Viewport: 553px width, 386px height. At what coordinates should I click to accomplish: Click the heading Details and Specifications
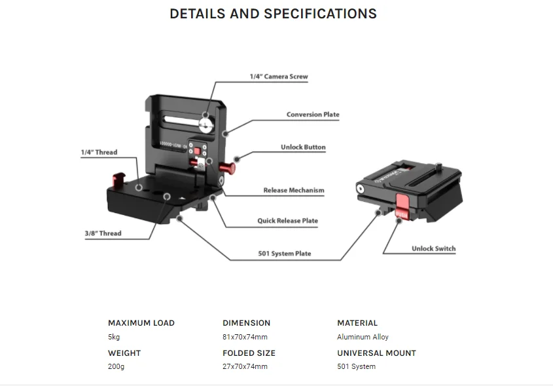coord(273,14)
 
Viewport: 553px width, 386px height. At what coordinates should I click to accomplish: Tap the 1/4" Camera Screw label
coord(278,77)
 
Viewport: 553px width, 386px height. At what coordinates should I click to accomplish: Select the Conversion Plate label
coord(313,115)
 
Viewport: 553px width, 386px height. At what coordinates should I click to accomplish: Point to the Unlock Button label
coord(303,147)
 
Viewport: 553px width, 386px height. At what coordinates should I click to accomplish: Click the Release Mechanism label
coord(294,191)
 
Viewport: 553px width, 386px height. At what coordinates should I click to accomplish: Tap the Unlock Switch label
coord(433,249)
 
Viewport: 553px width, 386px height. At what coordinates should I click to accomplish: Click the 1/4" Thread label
coord(99,153)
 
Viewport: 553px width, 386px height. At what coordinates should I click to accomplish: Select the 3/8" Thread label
coord(103,233)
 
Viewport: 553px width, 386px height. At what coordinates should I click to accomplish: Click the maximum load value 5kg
coord(114,337)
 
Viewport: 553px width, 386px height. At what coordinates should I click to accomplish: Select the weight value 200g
coord(116,366)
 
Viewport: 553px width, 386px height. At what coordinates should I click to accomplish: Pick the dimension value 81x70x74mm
coord(245,337)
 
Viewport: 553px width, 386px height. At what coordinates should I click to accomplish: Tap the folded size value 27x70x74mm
coord(245,366)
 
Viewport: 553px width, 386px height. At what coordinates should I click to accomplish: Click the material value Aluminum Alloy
coord(363,337)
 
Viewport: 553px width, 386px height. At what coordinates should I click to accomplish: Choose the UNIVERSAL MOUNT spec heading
coord(376,353)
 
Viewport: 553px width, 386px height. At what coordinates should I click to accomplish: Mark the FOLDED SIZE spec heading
coord(249,353)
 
